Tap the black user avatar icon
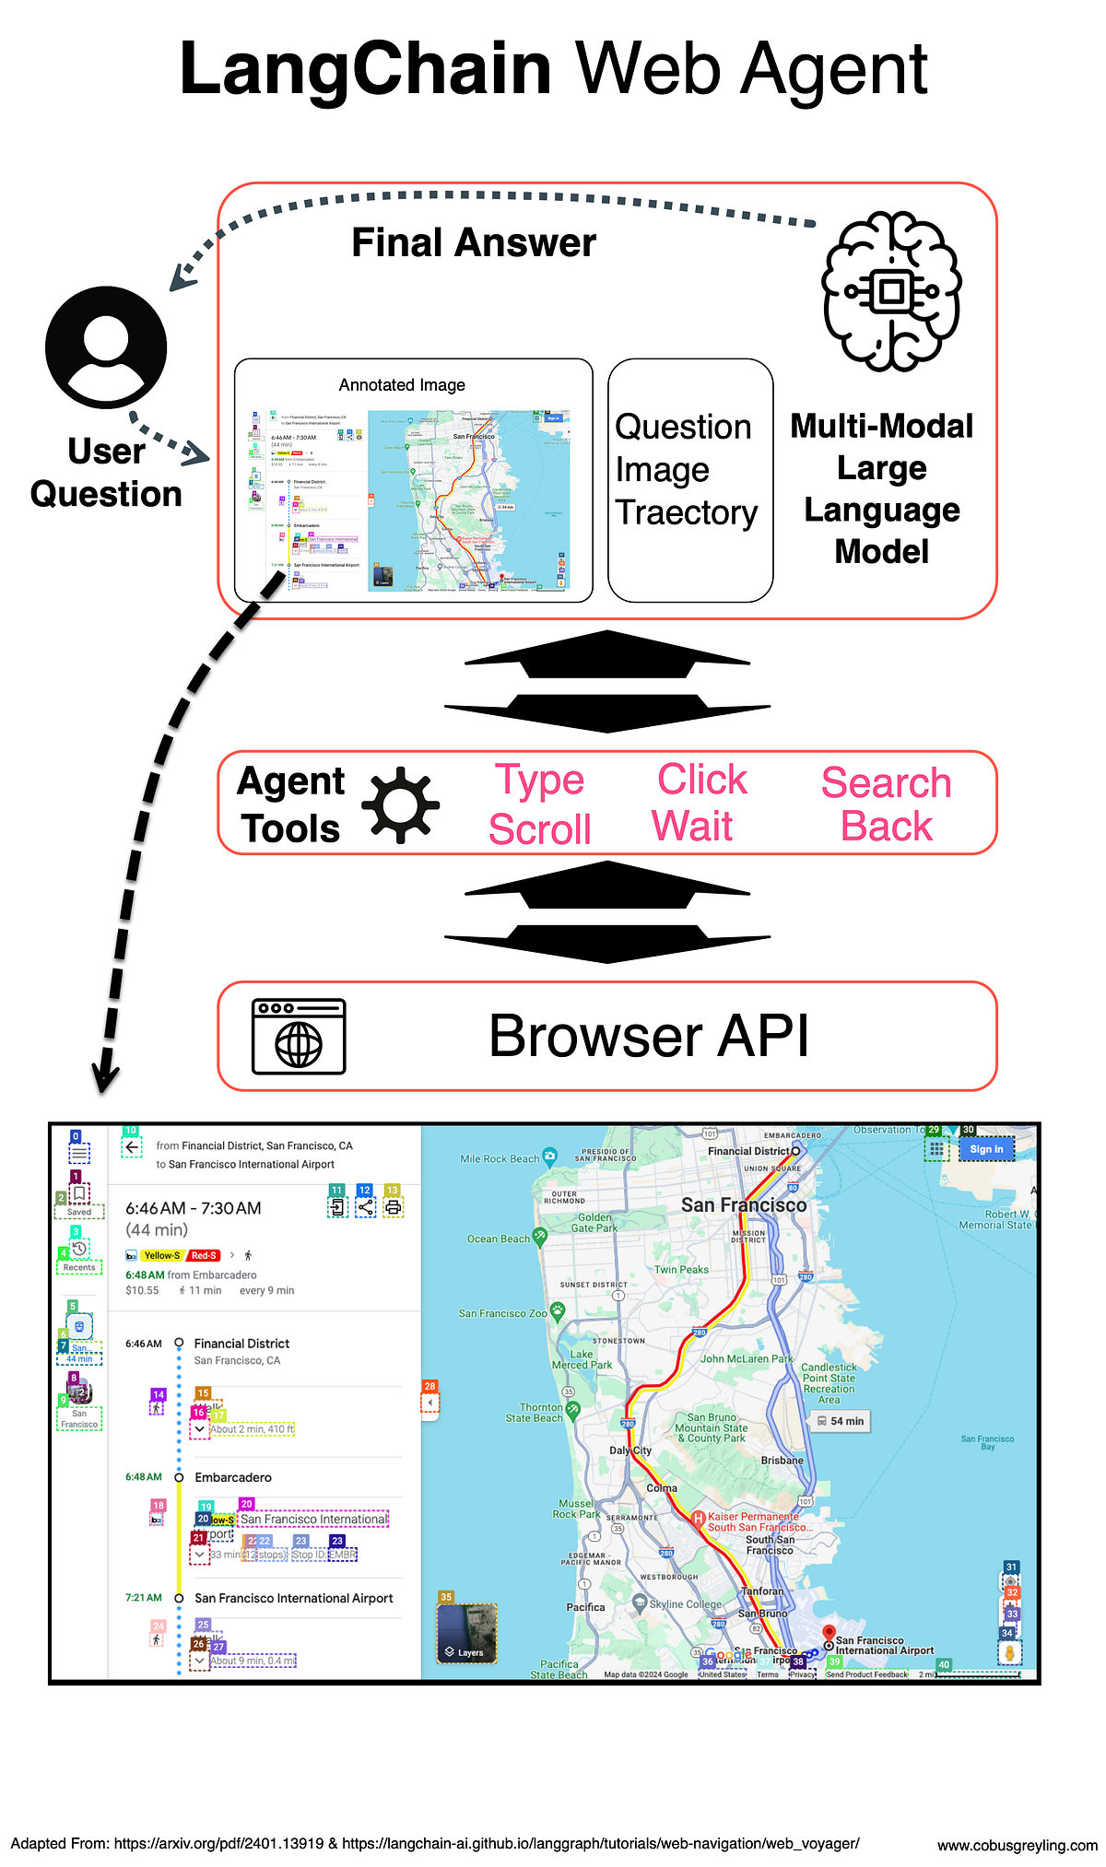(106, 348)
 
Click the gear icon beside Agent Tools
(401, 804)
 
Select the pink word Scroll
(540, 829)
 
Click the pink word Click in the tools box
(702, 780)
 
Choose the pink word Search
(886, 783)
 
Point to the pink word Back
(887, 827)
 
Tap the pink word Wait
(692, 826)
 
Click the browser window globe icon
(299, 1037)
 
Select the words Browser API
(649, 1036)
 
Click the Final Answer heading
(474, 243)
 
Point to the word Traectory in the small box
(686, 512)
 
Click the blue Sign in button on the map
(985, 1149)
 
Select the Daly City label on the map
(629, 1450)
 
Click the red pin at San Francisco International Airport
(828, 1632)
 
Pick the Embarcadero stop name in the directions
(233, 1477)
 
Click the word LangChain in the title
(365, 68)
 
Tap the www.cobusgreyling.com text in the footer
(1017, 1845)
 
